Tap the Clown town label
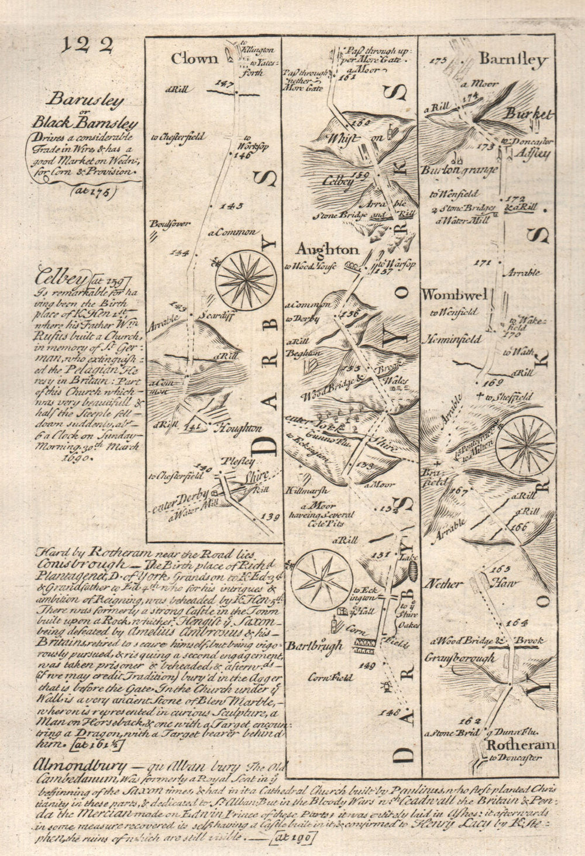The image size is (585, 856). tap(194, 59)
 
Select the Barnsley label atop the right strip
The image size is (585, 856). tap(512, 60)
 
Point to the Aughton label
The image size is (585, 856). tap(327, 250)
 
